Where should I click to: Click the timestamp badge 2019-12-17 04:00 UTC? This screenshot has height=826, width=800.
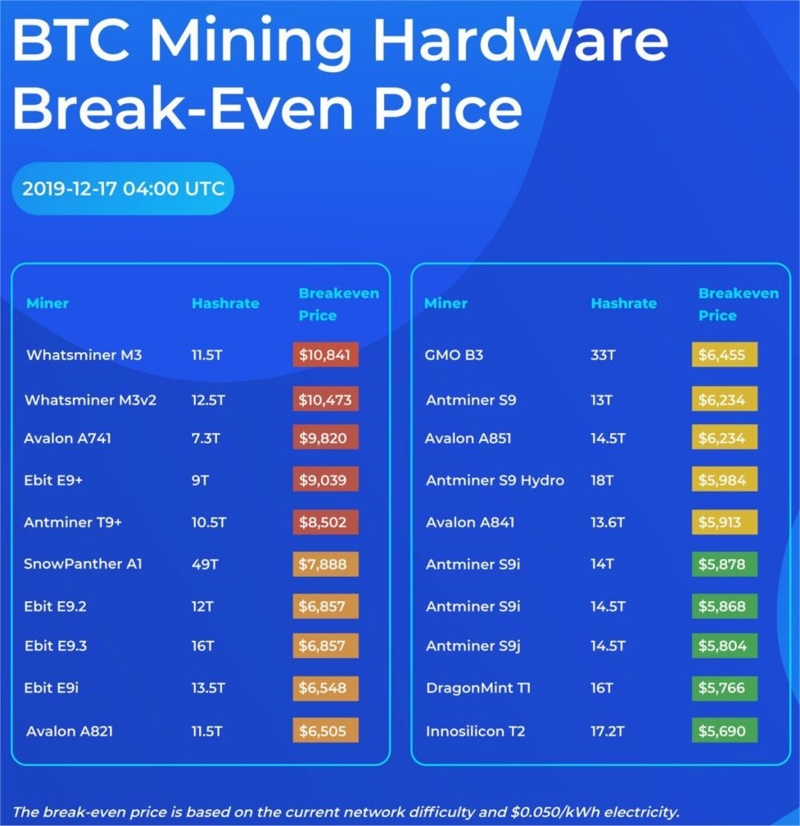click(123, 188)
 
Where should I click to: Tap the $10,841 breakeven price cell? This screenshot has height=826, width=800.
click(325, 356)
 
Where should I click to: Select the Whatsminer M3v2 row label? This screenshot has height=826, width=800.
click(91, 400)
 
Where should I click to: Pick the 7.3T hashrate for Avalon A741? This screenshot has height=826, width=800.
click(206, 438)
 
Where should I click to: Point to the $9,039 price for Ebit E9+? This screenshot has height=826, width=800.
click(325, 480)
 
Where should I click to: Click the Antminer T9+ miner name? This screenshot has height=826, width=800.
click(73, 522)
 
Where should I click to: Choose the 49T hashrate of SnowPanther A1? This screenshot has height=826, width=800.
click(204, 564)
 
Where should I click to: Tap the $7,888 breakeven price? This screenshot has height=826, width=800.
click(325, 564)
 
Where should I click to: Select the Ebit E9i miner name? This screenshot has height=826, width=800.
click(54, 688)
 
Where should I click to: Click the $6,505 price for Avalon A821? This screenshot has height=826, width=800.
click(325, 731)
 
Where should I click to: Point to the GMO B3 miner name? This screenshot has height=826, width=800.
click(454, 356)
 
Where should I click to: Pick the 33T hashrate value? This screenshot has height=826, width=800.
click(603, 356)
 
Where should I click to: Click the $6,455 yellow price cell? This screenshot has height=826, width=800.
click(724, 356)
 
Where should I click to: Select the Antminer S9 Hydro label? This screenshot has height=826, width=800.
click(495, 480)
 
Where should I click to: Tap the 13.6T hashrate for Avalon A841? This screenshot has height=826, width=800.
click(609, 522)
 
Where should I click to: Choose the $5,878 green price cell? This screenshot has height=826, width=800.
click(724, 564)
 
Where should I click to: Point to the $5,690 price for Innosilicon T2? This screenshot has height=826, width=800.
click(724, 731)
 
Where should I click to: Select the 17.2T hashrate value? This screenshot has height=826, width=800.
click(609, 731)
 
